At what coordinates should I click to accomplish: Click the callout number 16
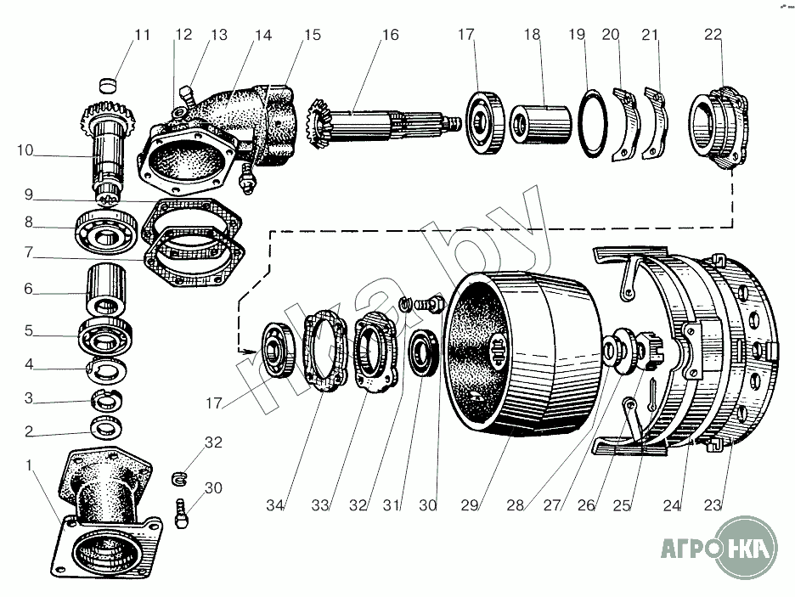point(391,35)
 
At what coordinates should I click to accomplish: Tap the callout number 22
point(713,35)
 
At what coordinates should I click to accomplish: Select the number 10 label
point(25,150)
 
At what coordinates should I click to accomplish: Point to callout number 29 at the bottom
point(470,504)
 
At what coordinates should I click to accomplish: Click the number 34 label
point(275,504)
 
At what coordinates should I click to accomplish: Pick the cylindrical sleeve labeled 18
point(540,124)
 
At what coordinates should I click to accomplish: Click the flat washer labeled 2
point(106,426)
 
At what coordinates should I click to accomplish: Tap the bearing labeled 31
point(423,352)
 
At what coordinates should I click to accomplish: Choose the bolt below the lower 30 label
point(182,514)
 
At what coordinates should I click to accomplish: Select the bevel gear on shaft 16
point(319,124)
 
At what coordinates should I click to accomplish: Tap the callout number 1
point(29,465)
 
